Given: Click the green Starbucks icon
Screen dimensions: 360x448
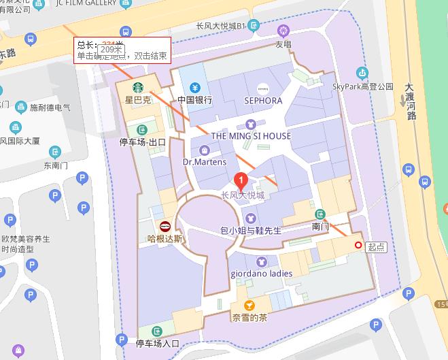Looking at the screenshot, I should click(x=137, y=87).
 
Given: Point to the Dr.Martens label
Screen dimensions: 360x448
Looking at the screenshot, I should click(x=205, y=162).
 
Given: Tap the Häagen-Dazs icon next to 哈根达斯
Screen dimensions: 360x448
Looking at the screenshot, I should click(x=165, y=227).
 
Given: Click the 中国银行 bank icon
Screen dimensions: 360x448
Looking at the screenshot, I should click(x=195, y=87).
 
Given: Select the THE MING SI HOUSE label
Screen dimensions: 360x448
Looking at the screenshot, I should click(x=251, y=136).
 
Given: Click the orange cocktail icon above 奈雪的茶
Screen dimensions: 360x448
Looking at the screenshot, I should click(x=249, y=305).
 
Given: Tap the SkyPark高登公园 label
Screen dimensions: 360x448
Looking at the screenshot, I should click(x=363, y=86).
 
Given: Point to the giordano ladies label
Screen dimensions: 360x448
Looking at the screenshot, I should click(x=262, y=274).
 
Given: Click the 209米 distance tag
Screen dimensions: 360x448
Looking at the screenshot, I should click(x=110, y=50).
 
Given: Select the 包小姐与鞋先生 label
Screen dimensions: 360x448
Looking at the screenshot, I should click(x=251, y=231).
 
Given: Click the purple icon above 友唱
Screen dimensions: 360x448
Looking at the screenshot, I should click(x=283, y=31).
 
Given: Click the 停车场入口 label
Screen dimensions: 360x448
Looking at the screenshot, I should click(x=158, y=343).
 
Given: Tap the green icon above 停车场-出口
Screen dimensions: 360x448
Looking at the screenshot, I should click(x=142, y=130).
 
